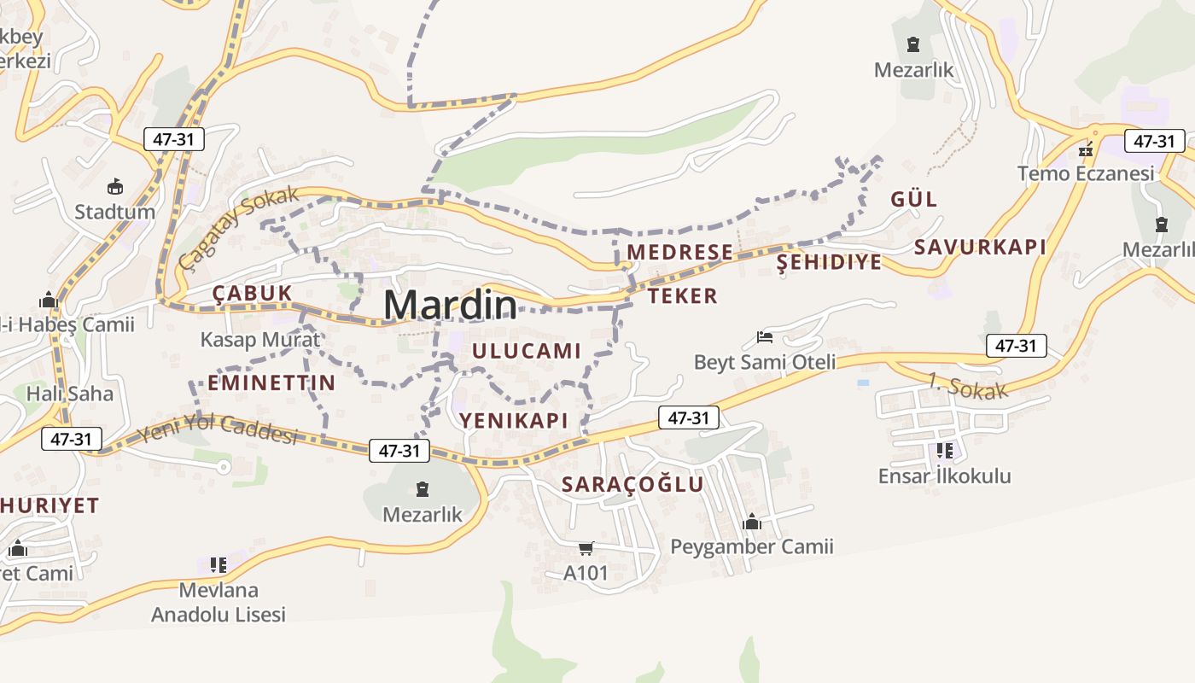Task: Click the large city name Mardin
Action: coord(450,306)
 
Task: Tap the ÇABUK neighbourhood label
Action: coord(253,293)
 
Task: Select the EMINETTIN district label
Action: coord(271,382)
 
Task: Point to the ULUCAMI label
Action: coord(526,350)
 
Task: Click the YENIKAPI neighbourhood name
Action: coord(514,419)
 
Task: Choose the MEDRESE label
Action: coord(679,252)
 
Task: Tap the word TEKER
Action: coord(682,295)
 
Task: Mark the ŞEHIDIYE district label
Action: coord(829,262)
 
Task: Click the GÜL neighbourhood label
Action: coord(913,199)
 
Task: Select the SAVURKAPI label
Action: coord(979,247)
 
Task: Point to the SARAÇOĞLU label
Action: coord(632,484)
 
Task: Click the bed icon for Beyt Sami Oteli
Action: coord(765,337)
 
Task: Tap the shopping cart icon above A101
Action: coord(586,547)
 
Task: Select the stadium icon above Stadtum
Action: coord(114,186)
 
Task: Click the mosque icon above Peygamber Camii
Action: coord(752,521)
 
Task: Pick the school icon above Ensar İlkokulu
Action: coord(944,450)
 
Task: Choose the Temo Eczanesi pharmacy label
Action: coord(1086,173)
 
